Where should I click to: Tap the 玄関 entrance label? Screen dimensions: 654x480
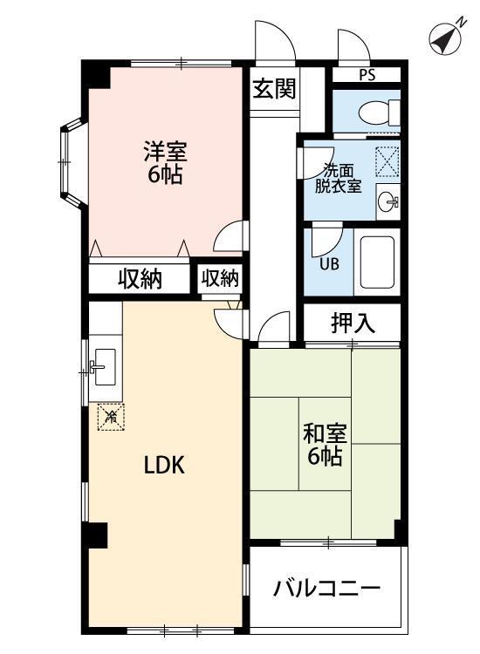click(x=273, y=89)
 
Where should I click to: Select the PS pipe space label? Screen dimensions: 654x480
click(x=367, y=75)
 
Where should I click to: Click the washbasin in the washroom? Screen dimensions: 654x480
click(x=388, y=202)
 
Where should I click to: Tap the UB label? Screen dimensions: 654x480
click(x=329, y=264)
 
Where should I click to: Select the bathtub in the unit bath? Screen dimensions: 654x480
click(x=377, y=263)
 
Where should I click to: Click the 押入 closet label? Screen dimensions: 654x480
click(x=353, y=323)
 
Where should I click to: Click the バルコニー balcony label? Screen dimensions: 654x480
click(x=326, y=589)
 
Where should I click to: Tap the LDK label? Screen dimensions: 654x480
click(x=164, y=466)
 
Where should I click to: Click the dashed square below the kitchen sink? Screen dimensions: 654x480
click(x=111, y=418)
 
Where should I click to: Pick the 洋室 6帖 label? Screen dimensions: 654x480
click(x=163, y=161)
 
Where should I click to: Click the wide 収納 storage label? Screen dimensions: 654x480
click(x=140, y=279)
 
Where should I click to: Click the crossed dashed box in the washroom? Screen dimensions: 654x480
click(x=387, y=161)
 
